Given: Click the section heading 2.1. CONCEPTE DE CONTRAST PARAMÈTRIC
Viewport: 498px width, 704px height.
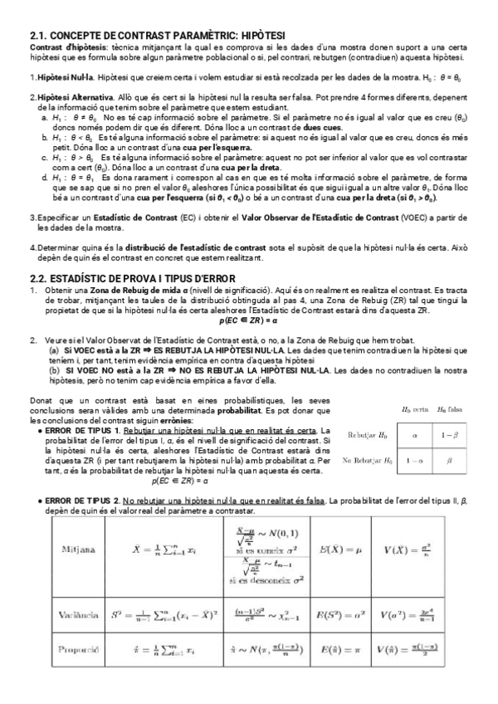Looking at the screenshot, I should [x=158, y=36].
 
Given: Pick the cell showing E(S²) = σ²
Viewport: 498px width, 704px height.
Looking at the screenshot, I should [x=337, y=615].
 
